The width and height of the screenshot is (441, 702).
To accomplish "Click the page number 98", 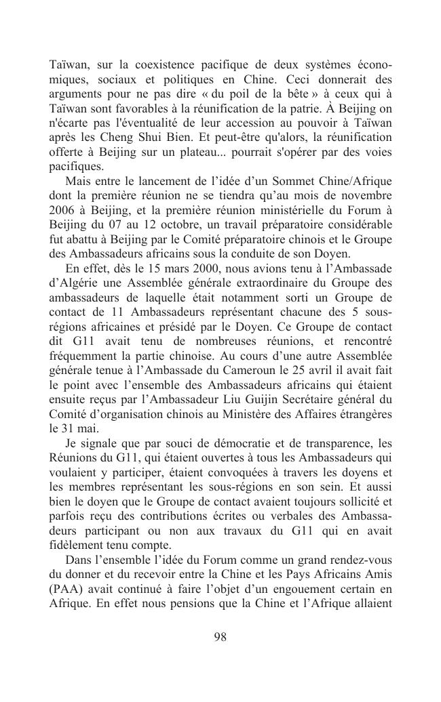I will [x=220, y=636].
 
